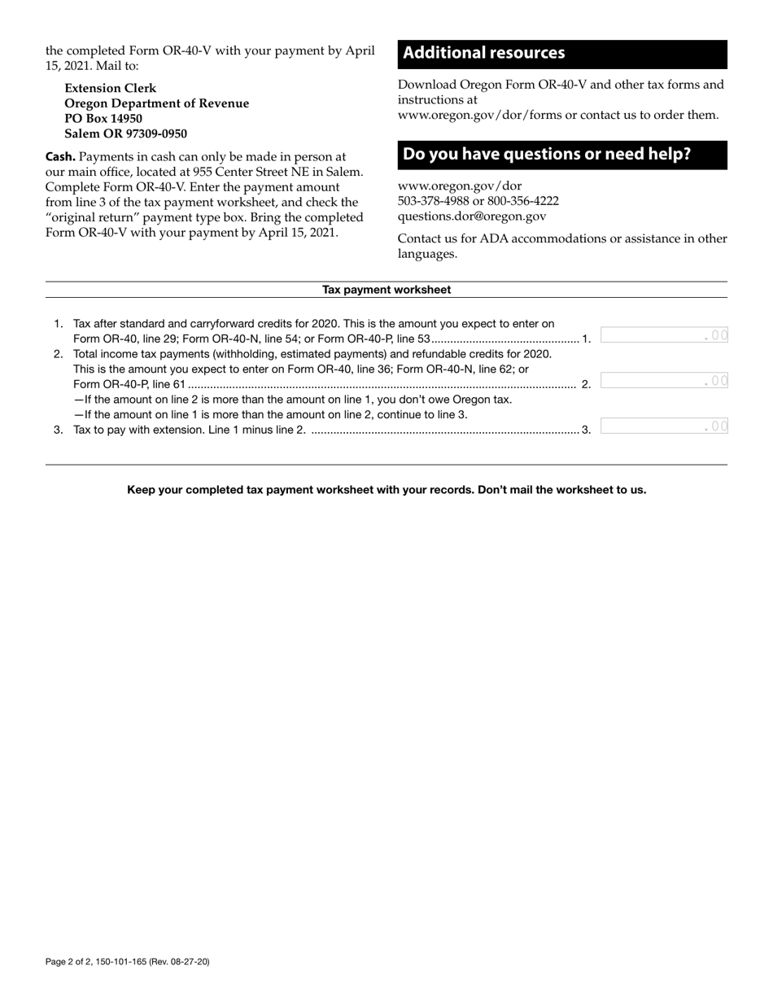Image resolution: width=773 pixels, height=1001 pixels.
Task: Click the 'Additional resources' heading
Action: pyautogui.click(x=483, y=53)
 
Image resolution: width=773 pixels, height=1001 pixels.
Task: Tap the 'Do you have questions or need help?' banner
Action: pyautogui.click(x=547, y=154)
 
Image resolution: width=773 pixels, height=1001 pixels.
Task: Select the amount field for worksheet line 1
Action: pyautogui.click(x=664, y=334)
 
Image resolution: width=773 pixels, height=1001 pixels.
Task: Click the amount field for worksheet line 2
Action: pyautogui.click(x=664, y=380)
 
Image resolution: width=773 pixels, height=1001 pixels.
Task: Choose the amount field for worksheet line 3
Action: pyautogui.click(x=664, y=426)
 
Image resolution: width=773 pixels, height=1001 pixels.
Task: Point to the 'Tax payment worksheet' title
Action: pyautogui.click(x=386, y=290)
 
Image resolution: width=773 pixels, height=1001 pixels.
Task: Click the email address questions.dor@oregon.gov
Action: pyautogui.click(x=472, y=216)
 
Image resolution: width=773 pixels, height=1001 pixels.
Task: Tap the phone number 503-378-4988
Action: pyautogui.click(x=433, y=201)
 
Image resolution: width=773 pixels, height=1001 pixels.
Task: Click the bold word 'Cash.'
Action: pyautogui.click(x=61, y=156)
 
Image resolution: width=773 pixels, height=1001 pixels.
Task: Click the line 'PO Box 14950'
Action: pyautogui.click(x=103, y=119)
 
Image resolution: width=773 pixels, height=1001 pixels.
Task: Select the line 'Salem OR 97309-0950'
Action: pyautogui.click(x=126, y=133)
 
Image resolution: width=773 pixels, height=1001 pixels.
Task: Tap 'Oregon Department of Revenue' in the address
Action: pyautogui.click(x=157, y=103)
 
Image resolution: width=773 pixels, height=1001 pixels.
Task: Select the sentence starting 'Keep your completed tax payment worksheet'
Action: pyautogui.click(x=386, y=490)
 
